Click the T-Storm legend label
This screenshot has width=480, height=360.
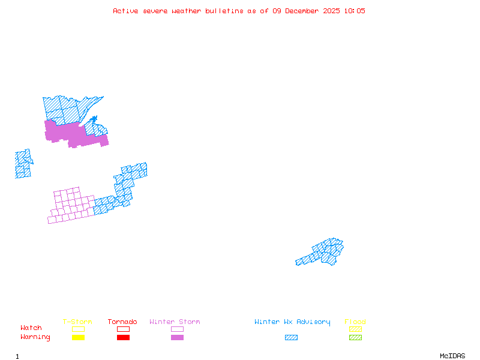77,322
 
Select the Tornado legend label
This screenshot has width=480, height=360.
122,322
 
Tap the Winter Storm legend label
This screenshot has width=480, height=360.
175,322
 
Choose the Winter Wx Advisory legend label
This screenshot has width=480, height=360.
292,322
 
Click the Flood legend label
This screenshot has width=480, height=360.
355,322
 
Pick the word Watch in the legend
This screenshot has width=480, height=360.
31,328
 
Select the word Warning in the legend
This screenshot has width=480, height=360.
35,337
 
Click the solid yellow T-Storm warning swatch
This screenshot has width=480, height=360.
78,337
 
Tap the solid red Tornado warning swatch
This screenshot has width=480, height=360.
123,337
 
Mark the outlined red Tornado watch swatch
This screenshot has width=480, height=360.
123,329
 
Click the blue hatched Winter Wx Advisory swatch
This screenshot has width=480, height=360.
291,337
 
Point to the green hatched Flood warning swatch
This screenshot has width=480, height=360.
355,337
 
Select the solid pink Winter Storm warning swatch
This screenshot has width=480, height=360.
177,337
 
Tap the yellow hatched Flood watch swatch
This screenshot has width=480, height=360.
355,329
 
